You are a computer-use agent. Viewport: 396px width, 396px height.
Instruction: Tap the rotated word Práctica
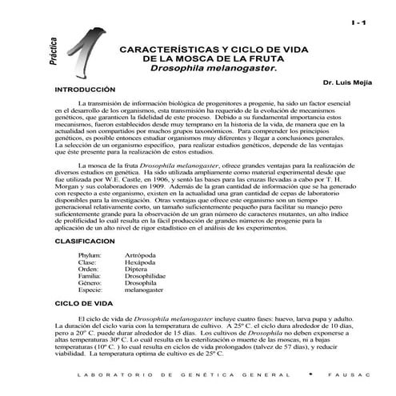(53, 54)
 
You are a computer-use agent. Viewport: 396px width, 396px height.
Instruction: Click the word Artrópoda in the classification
(141, 254)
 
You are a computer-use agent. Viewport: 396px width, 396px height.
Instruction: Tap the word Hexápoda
(141, 262)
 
